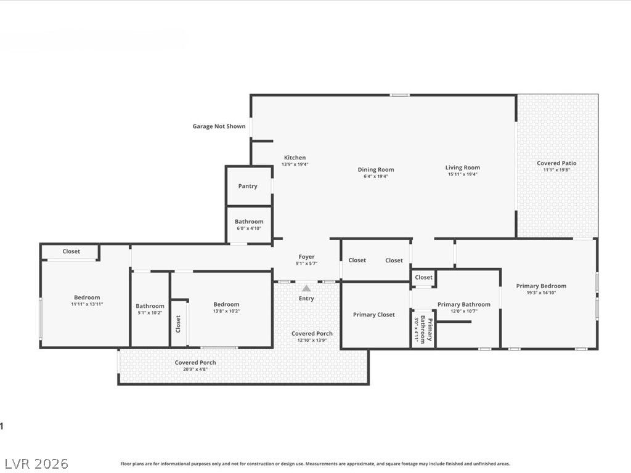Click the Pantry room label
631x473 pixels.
point(248,186)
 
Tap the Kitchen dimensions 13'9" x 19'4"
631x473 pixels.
point(295,164)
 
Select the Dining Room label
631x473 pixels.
point(376,170)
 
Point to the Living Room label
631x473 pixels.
point(462,168)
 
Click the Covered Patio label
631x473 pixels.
point(556,163)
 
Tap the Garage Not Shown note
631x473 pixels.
point(219,126)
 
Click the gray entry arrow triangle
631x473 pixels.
point(306,288)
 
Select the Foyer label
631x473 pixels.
point(307,257)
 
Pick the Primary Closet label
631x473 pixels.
point(374,315)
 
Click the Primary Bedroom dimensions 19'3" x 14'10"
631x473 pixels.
point(541,293)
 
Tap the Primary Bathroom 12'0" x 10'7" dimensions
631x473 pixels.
point(464,311)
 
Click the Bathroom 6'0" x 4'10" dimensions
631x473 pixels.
point(249,228)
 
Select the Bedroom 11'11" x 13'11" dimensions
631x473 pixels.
point(87,304)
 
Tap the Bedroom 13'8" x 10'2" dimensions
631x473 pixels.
point(227,311)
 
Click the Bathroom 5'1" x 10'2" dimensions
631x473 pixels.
point(150,312)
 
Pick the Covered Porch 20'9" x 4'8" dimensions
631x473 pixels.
point(195,369)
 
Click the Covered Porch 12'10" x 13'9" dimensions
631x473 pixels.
point(312,340)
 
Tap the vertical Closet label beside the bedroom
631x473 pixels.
point(178,324)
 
